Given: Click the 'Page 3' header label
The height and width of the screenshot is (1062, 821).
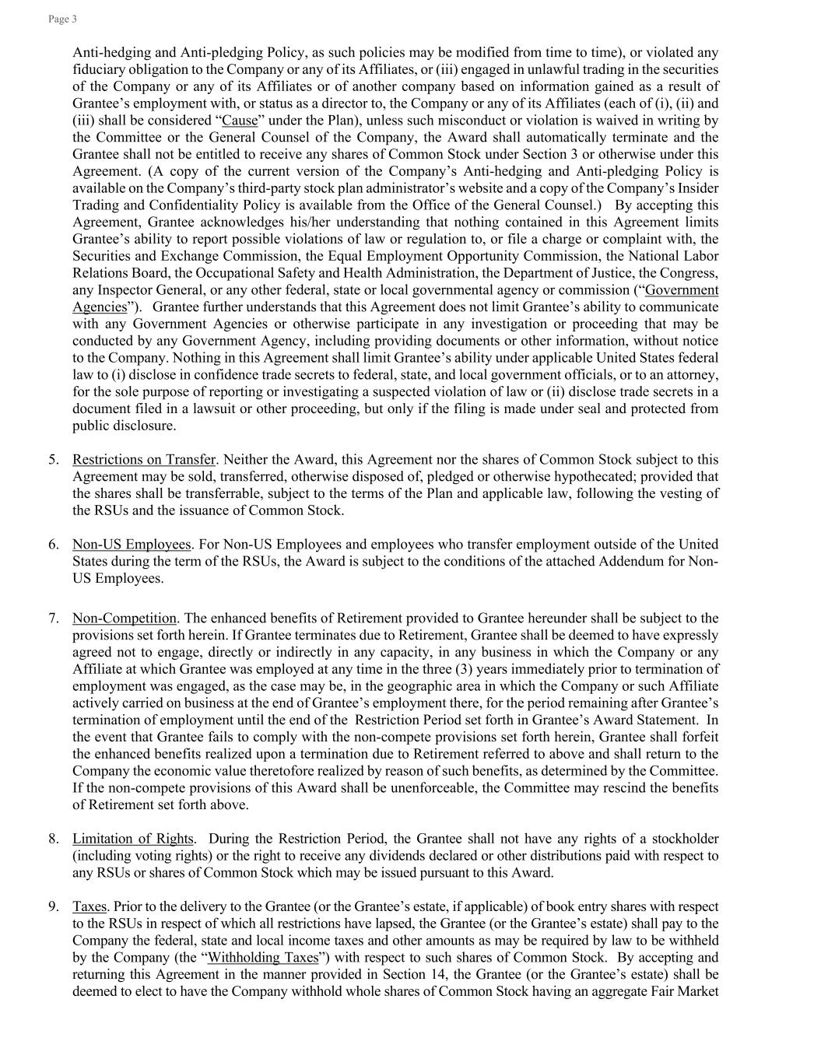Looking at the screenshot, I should click(x=62, y=19).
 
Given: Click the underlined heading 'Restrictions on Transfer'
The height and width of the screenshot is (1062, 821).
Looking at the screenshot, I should click(x=143, y=460).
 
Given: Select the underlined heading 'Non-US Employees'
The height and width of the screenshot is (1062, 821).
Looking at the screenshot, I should click(x=132, y=545).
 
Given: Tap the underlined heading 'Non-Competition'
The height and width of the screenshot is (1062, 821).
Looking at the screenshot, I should click(x=125, y=619).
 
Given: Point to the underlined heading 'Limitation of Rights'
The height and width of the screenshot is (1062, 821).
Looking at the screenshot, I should click(x=132, y=839).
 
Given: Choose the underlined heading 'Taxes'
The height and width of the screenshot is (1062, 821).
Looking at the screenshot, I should click(x=89, y=906).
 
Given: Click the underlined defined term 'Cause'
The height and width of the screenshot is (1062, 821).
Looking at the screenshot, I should click(x=240, y=121).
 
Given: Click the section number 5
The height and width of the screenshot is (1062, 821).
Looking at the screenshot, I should click(x=53, y=460).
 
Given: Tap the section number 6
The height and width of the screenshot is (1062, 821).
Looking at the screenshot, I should click(x=53, y=545).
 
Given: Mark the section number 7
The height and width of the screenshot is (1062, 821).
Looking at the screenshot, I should click(x=53, y=619).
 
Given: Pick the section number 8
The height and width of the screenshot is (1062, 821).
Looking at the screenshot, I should click(x=53, y=839).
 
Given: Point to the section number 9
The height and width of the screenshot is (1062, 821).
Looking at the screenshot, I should click(x=53, y=906).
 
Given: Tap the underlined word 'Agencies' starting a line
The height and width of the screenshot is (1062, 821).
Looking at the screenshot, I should click(x=99, y=307).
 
